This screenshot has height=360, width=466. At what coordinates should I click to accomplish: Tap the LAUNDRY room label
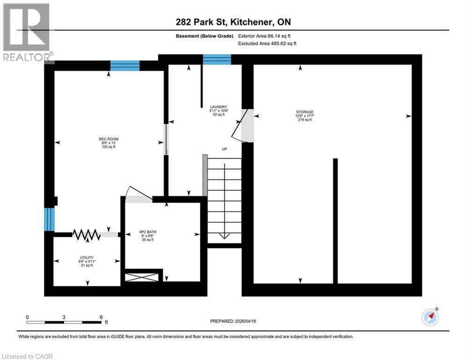[x=218, y=106]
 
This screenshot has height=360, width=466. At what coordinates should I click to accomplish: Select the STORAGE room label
[x=304, y=112]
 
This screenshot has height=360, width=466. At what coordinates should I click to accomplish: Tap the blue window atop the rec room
[x=125, y=66]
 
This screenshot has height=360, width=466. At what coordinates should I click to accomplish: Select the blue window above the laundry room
[x=217, y=60]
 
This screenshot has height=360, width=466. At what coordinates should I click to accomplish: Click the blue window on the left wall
[x=49, y=219]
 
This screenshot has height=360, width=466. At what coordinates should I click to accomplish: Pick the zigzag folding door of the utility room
[x=86, y=234]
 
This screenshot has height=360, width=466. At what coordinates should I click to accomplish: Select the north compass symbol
[x=430, y=317]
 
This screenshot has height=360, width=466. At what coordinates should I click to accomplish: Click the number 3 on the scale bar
[x=64, y=317]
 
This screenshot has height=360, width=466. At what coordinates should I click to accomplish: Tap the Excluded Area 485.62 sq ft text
[x=267, y=43]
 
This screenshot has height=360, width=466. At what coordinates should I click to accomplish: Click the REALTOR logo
[x=27, y=33]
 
